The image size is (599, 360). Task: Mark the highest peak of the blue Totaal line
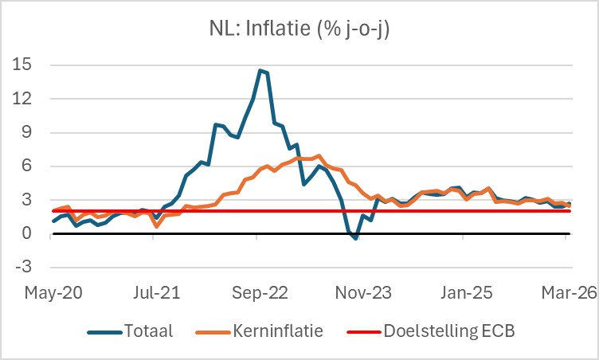coord(260,70)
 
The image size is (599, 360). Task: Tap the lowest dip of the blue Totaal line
coord(355,238)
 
